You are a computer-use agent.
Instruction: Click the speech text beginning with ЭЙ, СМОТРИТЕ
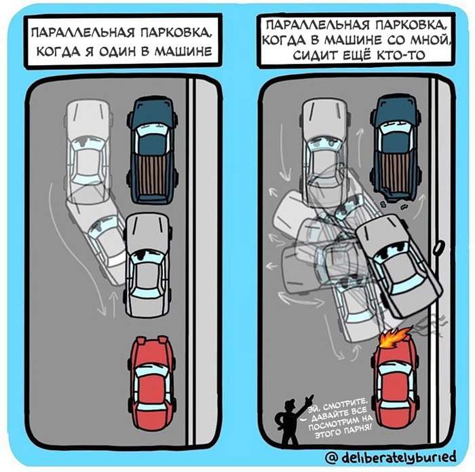338,413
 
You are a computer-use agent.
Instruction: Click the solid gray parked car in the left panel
148,265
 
